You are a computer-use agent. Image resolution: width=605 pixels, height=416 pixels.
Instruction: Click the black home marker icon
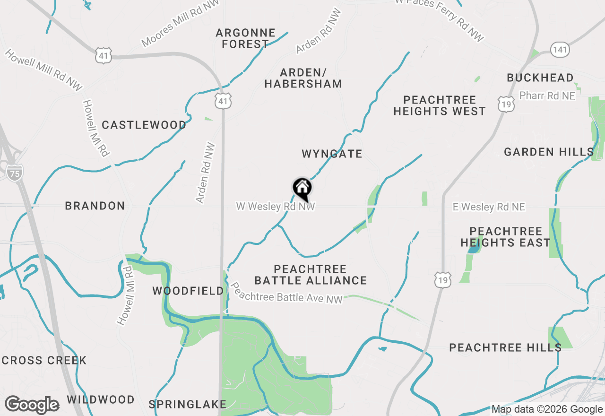point(302,189)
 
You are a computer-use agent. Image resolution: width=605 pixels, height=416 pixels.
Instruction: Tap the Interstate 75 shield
point(15,173)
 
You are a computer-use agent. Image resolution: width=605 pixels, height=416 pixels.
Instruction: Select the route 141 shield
point(560,49)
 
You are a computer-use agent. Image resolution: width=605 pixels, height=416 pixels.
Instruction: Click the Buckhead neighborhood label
point(540,78)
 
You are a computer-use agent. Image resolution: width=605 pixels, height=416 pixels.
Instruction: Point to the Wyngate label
point(332,154)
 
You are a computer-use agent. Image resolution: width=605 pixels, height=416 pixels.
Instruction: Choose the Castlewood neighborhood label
point(144,125)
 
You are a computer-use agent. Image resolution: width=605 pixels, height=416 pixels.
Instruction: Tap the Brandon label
point(95,206)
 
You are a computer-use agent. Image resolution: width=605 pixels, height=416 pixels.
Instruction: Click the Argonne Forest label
point(245,38)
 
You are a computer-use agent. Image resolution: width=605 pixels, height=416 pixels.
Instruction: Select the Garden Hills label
point(549,152)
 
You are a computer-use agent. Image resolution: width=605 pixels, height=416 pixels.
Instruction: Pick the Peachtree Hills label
point(505,347)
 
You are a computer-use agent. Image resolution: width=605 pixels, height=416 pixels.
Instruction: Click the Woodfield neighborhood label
point(188,291)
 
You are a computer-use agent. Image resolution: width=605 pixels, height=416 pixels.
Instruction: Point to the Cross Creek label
point(44,360)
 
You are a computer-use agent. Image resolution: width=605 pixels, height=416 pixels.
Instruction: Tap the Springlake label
point(188,404)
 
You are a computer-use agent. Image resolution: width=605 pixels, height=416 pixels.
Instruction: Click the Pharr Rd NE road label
point(547,95)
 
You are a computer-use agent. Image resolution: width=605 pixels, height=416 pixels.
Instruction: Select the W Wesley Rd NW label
point(276,207)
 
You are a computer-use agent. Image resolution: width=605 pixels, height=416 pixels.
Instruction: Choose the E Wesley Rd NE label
point(489,207)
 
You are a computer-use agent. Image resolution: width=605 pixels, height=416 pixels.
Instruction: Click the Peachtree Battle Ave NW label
point(286,293)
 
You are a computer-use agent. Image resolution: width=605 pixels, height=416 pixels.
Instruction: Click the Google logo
point(32,405)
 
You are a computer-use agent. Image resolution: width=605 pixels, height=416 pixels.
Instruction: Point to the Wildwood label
point(101,399)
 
